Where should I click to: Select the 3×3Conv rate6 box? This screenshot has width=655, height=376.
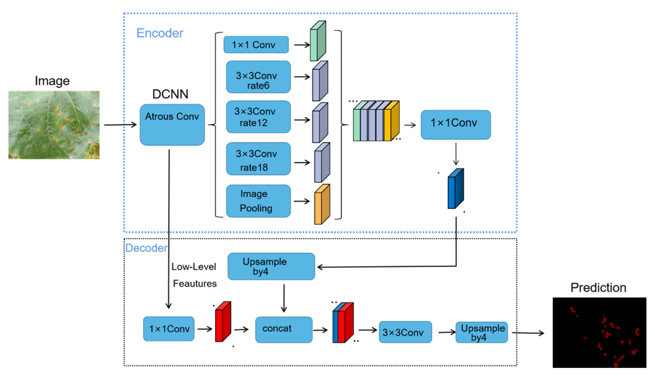258,77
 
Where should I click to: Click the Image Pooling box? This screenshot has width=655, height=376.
258,201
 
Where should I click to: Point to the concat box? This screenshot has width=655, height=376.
284,330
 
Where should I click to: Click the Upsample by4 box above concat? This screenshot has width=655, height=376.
271,266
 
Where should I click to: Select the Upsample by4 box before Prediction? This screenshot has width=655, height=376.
482,332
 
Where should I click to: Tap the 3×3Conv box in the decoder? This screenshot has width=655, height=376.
405,332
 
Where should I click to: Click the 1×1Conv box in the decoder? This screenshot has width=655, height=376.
169,329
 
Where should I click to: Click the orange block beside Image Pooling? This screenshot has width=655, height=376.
322,204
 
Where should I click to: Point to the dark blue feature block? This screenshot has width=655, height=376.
455,189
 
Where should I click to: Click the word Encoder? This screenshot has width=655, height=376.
160,33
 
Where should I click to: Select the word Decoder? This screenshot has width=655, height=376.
146,248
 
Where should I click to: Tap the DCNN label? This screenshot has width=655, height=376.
170,94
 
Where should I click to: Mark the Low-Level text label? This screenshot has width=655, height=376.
193,267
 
